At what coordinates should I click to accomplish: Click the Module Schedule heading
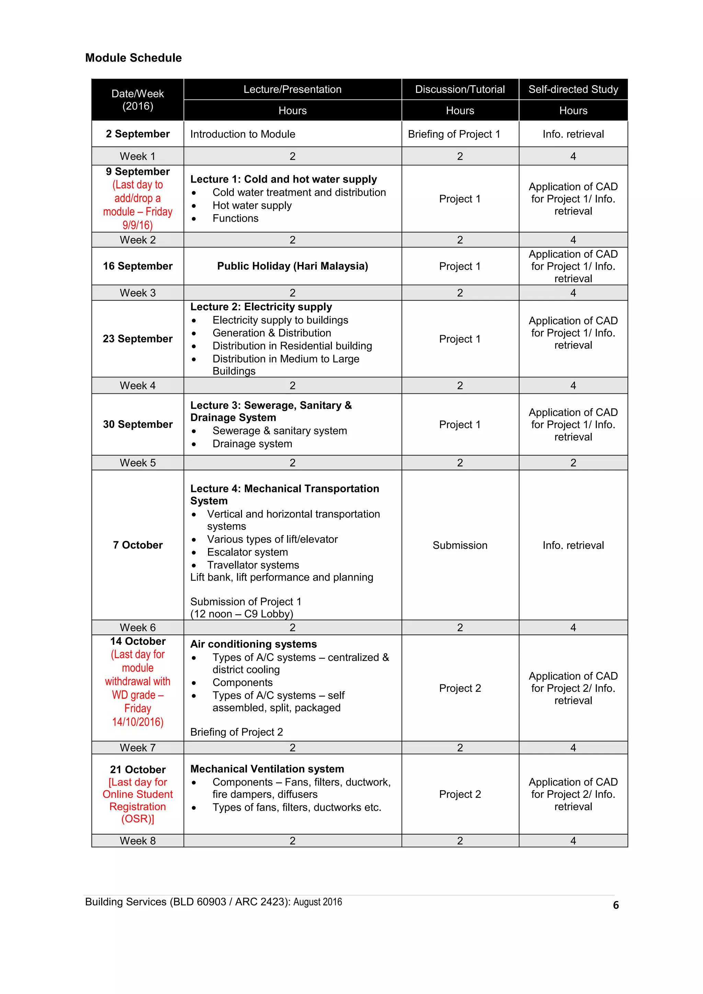134,58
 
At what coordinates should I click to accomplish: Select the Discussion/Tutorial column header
460,89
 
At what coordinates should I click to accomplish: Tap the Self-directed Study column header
573,89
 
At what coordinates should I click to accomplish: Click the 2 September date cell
138,134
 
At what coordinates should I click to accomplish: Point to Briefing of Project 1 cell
453,134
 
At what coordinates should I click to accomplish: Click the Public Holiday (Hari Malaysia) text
292,266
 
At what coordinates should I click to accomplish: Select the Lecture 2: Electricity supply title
261,307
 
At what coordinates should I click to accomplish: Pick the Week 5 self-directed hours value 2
573,463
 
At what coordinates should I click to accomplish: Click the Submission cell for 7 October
460,545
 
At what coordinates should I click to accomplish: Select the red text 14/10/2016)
138,722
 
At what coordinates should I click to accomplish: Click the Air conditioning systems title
253,644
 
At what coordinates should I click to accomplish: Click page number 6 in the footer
615,905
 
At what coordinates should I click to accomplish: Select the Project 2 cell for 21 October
460,794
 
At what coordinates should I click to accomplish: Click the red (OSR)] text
138,819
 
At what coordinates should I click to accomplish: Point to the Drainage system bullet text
252,444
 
